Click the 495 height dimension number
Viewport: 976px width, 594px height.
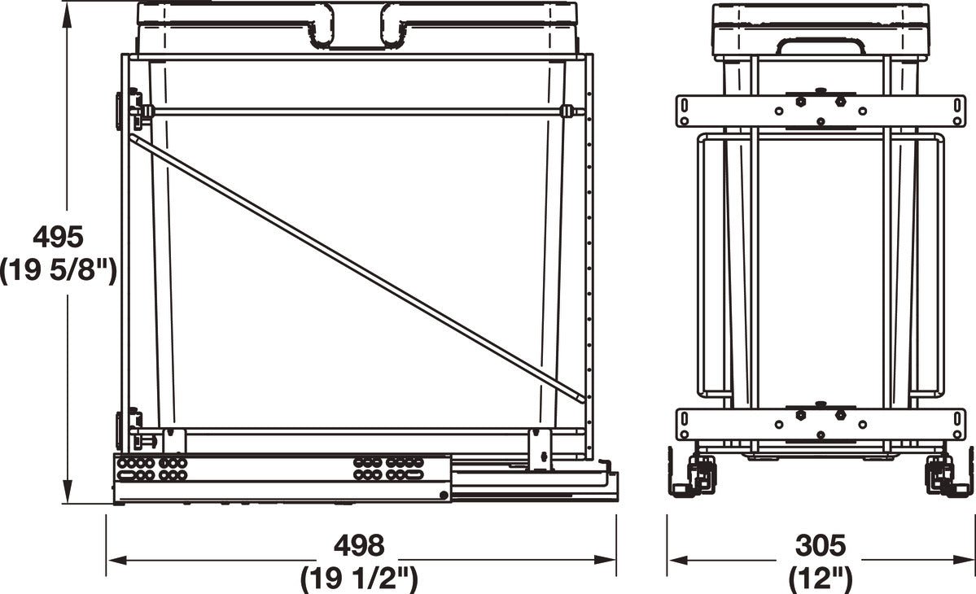tap(58, 237)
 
